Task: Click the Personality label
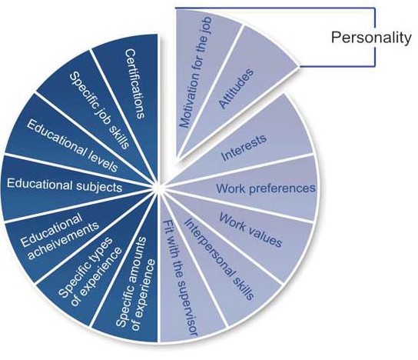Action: point(371,38)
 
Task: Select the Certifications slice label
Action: point(134,84)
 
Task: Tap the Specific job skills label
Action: point(99,110)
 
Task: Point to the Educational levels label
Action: point(72,145)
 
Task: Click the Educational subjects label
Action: point(65,185)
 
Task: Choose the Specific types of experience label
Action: point(90,272)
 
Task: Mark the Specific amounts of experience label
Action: point(135,283)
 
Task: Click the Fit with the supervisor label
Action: point(181,278)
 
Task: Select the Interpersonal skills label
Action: point(219,258)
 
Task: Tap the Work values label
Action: point(250,230)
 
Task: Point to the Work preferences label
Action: point(266,188)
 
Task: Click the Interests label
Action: point(244,148)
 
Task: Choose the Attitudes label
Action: point(236,88)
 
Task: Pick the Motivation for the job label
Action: point(196,72)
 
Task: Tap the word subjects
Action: point(99,186)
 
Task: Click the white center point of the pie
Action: point(159,188)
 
